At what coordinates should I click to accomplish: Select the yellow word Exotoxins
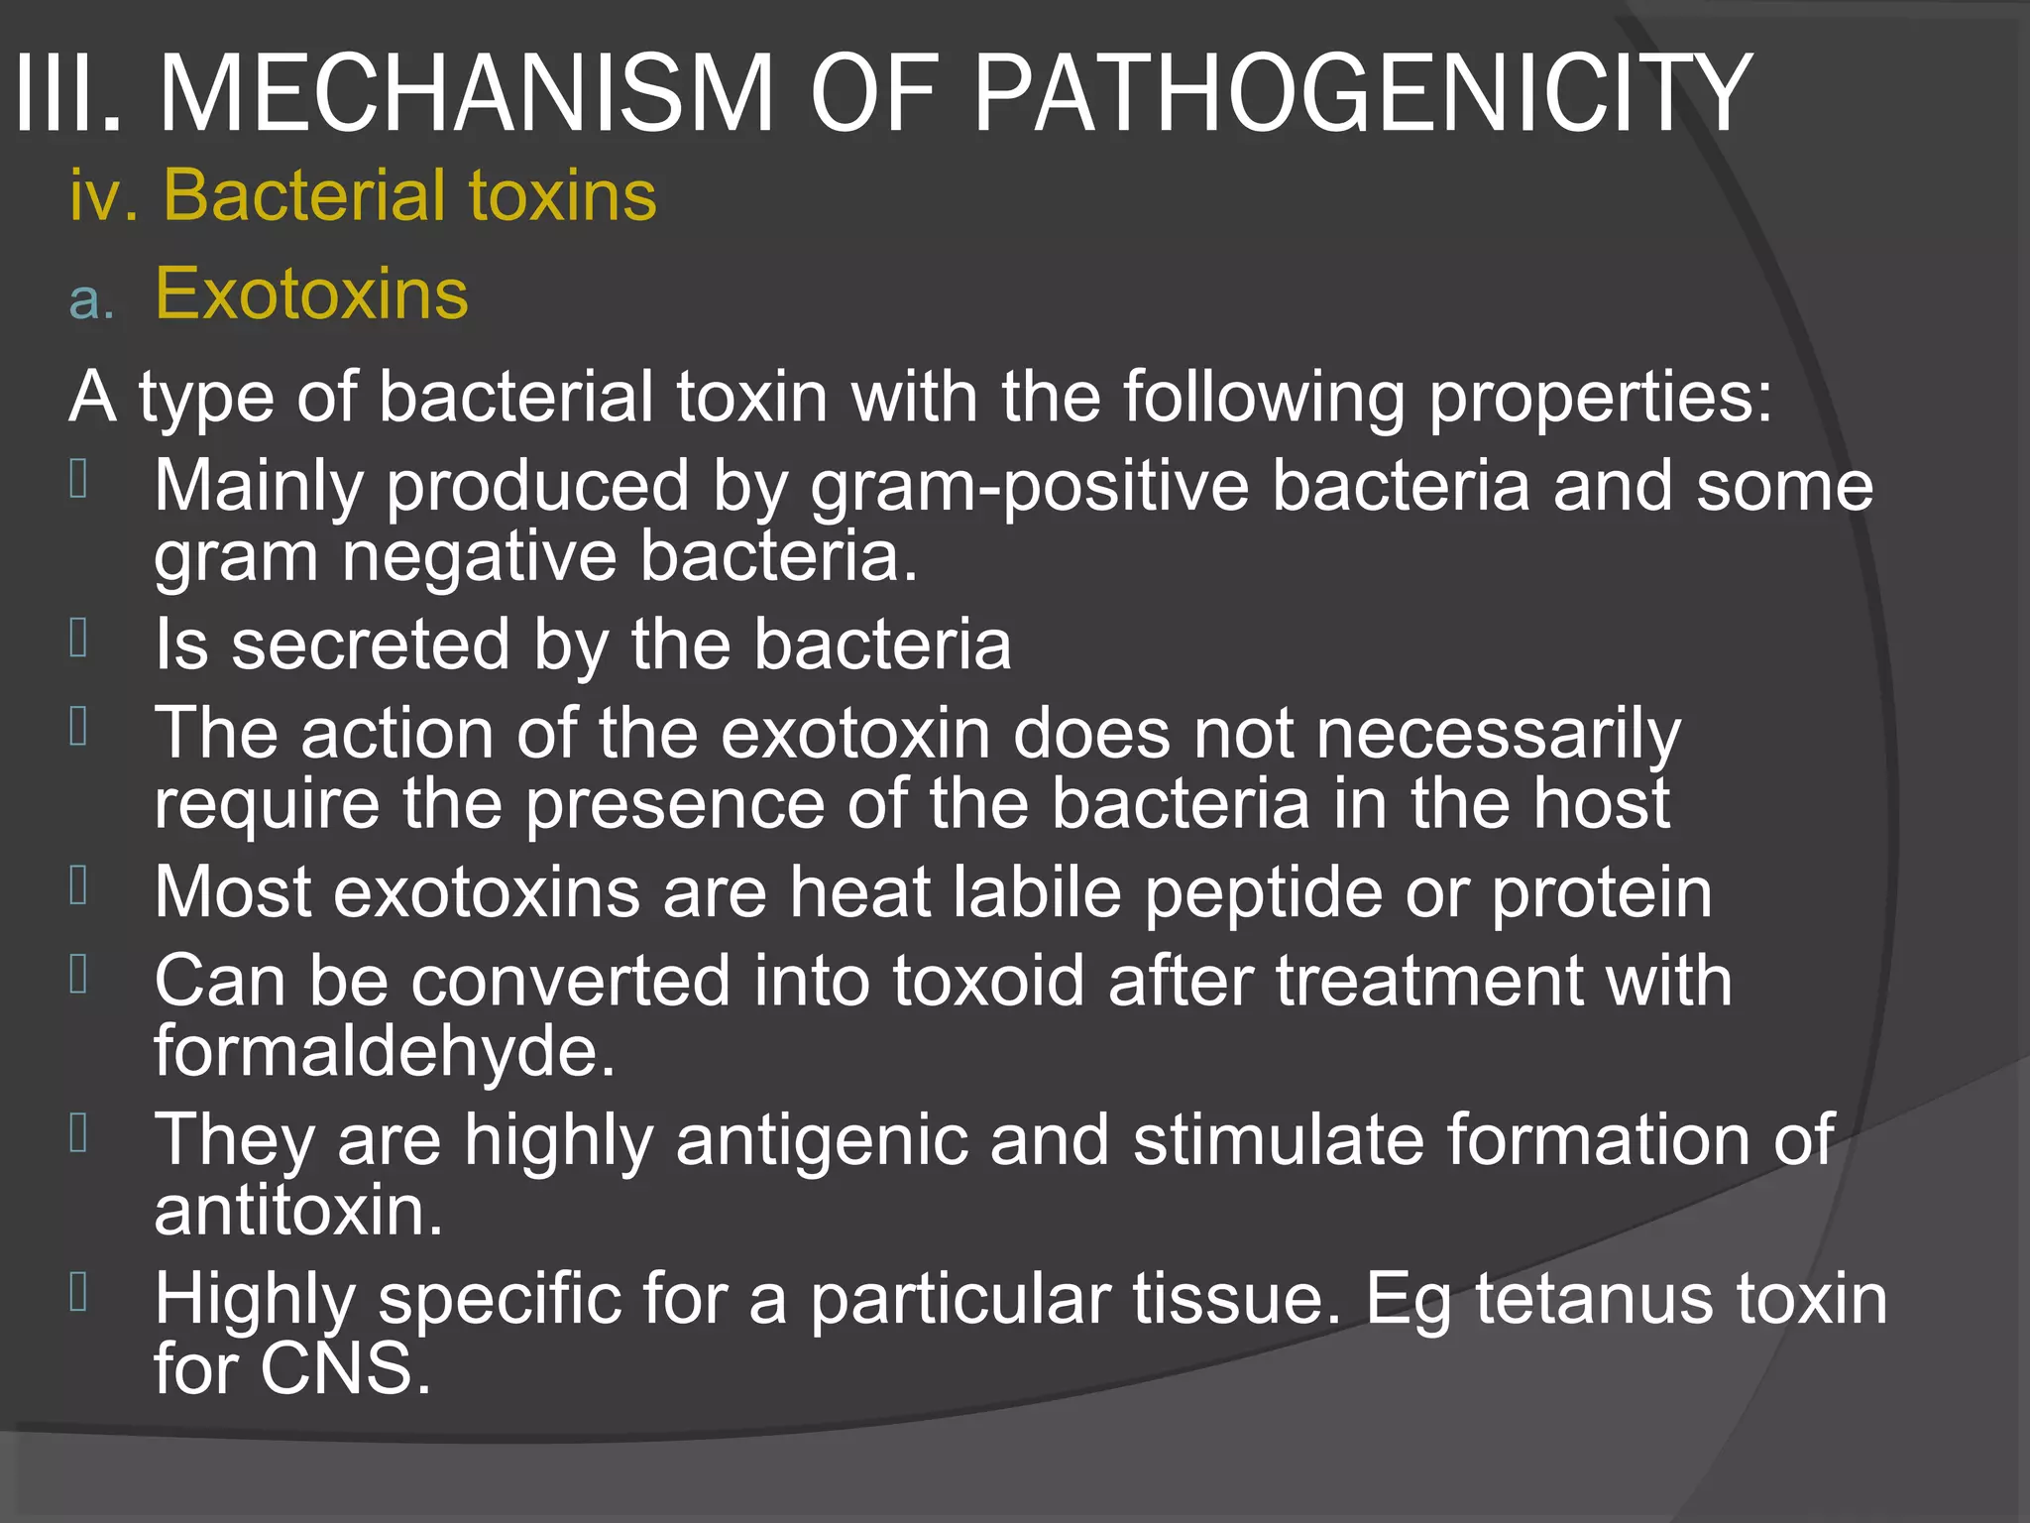311,293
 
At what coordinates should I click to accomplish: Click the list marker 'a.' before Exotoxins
92,298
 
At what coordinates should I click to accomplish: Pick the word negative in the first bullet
479,556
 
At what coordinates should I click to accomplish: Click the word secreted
370,645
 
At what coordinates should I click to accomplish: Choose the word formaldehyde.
385,1051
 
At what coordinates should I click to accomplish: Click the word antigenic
822,1140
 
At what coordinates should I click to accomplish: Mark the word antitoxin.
297,1211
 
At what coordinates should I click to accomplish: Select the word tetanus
1595,1300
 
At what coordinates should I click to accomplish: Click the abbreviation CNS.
346,1369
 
